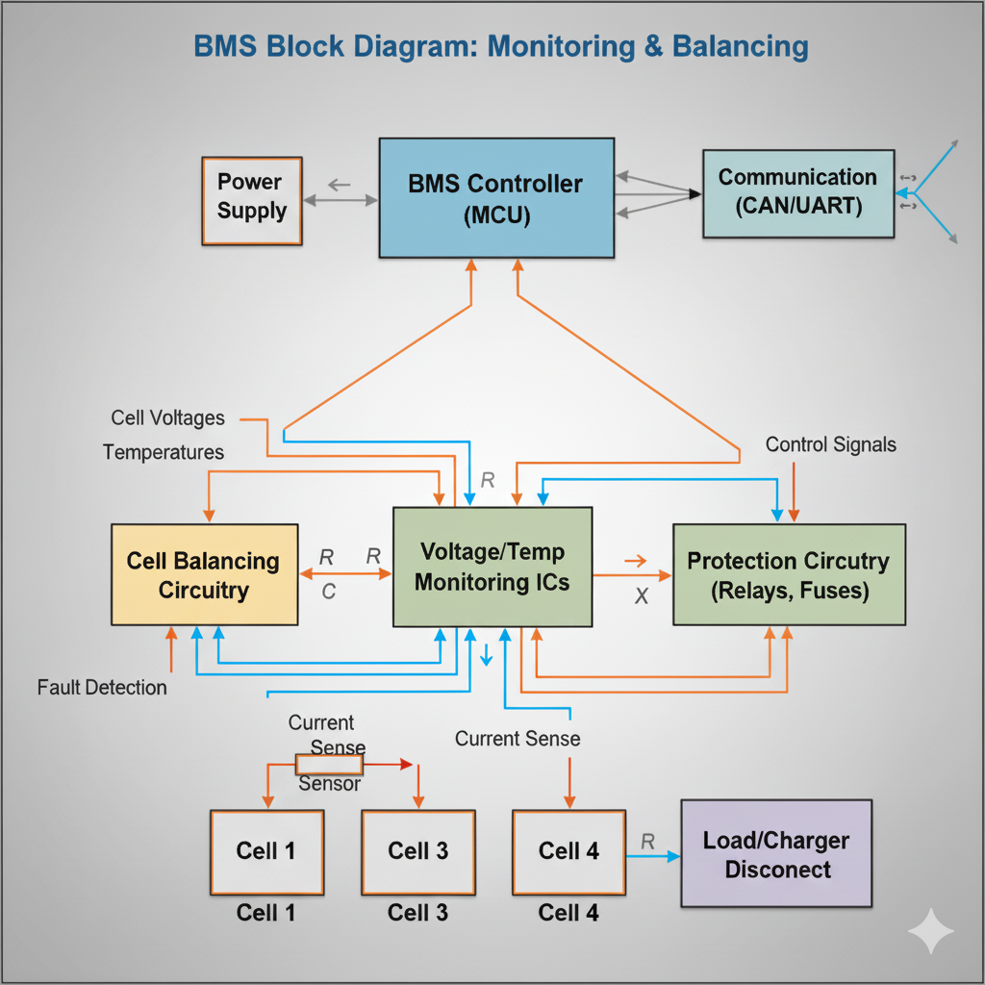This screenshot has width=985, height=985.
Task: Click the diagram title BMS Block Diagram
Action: point(500,46)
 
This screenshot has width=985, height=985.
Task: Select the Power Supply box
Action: point(251,200)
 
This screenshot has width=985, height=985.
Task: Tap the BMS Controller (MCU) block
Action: point(496,198)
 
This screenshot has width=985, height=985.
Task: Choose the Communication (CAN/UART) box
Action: point(797,192)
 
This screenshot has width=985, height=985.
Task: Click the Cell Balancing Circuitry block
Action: point(204,575)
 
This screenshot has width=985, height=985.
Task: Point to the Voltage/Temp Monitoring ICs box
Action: point(492,567)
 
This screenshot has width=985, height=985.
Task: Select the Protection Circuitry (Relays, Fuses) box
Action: point(789,575)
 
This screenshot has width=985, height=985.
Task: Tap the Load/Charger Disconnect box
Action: point(776,854)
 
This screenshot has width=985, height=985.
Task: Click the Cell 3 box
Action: point(417,851)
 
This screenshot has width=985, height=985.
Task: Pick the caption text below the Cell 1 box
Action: point(266,913)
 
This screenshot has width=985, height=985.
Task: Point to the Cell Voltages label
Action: point(167,418)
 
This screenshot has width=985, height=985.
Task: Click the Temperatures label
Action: point(164,452)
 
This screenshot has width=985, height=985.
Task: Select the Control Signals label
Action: point(830,444)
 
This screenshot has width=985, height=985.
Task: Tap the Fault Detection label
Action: point(102,688)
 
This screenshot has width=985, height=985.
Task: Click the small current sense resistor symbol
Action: point(329,765)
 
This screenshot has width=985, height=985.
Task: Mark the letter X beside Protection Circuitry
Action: point(642,596)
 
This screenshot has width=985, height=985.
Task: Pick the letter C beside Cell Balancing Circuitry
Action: point(328,593)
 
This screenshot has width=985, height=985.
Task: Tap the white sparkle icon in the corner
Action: point(931,930)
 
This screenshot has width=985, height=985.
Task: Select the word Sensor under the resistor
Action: point(329,783)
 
